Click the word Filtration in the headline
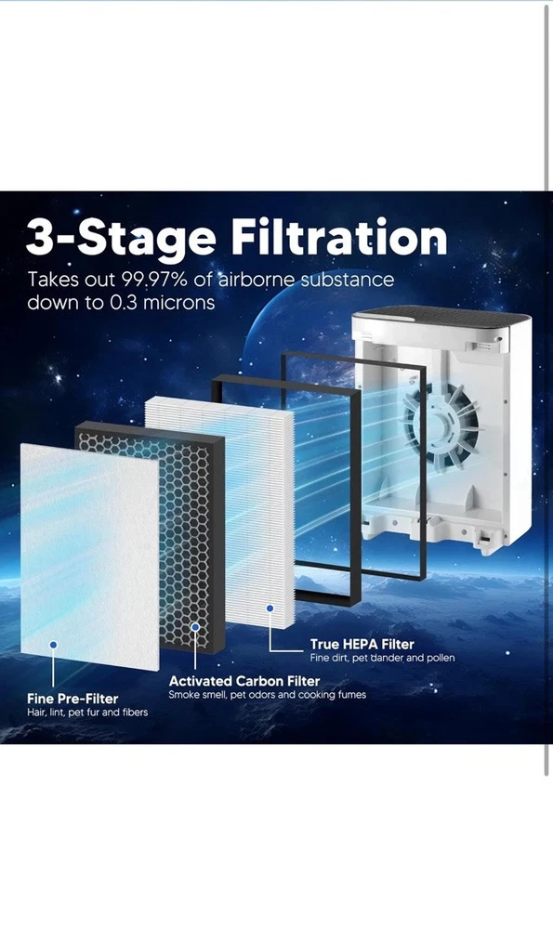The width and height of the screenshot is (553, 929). (338, 237)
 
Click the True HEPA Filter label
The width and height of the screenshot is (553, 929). (362, 644)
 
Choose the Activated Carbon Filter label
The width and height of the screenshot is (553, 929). (244, 681)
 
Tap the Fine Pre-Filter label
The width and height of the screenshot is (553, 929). (72, 699)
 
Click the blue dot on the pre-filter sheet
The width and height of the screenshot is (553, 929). (53, 645)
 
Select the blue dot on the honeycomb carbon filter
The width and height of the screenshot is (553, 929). (195, 627)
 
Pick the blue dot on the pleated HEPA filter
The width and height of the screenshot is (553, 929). (270, 608)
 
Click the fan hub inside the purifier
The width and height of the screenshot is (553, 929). (441, 422)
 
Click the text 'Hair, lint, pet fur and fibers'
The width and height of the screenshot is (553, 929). (87, 713)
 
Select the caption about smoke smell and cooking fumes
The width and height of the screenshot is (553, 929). (268, 694)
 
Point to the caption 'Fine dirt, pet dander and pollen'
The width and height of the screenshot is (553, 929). (382, 658)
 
